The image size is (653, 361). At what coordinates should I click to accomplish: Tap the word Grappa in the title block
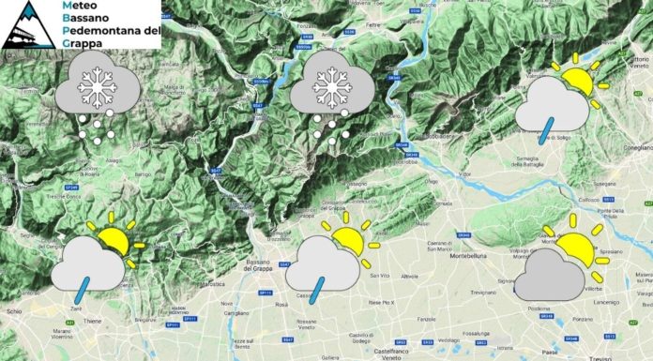[82, 42]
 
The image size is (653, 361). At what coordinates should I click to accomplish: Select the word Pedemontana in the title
[106, 30]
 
